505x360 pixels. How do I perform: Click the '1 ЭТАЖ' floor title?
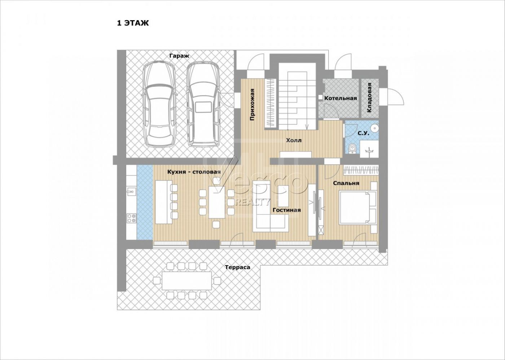pos(133,23)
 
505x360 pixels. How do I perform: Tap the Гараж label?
pos(179,56)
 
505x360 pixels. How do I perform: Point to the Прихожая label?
pos(252,105)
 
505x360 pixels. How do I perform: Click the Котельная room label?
pos(341,98)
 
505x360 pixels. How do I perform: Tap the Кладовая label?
pos(369,98)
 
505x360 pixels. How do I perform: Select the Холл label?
pos(294,141)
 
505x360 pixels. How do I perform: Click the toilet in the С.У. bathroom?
pos(352,149)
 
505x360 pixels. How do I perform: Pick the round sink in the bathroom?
pos(375,128)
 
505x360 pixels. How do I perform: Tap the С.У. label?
pos(363,133)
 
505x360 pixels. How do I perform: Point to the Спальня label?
pos(346,183)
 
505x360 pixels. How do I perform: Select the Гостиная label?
pos(287,210)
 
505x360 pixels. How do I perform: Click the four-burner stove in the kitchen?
pos(132,218)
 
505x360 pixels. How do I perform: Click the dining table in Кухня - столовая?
pos(217,202)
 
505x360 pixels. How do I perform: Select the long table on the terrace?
pos(187,281)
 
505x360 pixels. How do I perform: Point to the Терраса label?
pos(237,267)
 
